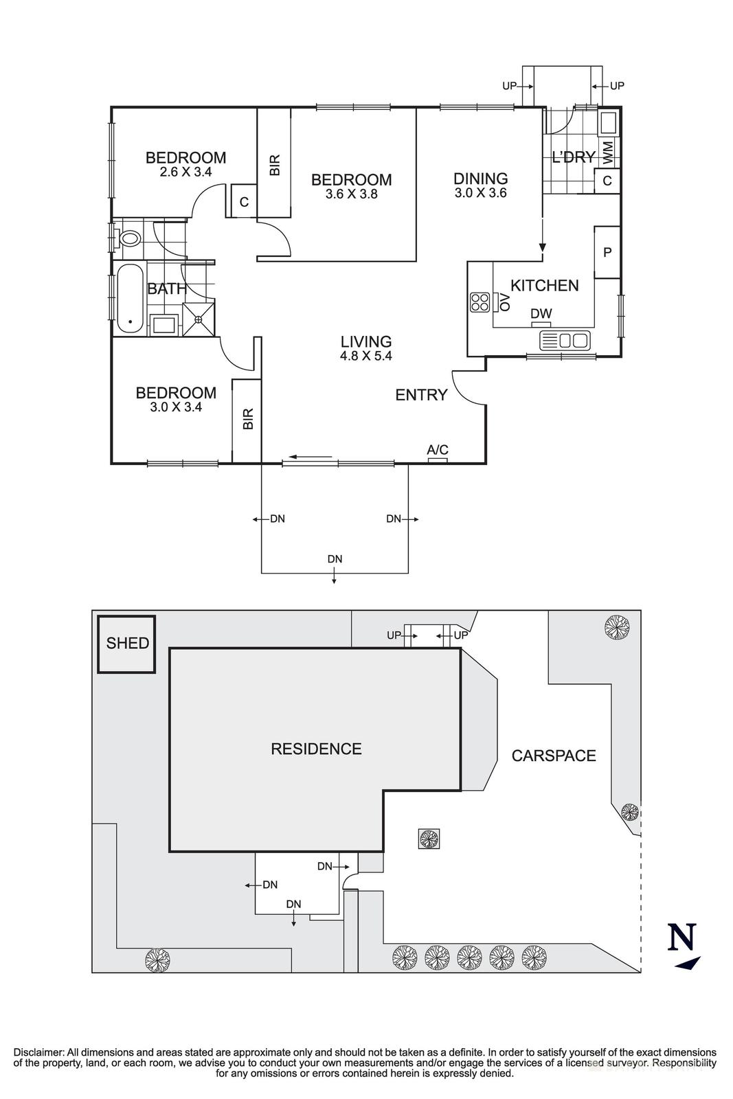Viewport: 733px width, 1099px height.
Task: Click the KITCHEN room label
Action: pyautogui.click(x=544, y=285)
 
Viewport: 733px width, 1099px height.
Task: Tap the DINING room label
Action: pyautogui.click(x=480, y=178)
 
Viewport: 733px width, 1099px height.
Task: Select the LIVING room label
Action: pyautogui.click(x=366, y=341)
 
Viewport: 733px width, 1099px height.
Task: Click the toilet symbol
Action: pyautogui.click(x=130, y=239)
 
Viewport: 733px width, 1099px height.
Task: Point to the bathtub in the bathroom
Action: pyautogui.click(x=130, y=298)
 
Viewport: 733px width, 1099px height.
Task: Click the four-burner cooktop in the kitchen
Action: pyautogui.click(x=480, y=302)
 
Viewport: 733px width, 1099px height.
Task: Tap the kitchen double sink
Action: pyautogui.click(x=564, y=340)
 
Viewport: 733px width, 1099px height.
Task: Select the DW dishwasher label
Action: pyautogui.click(x=541, y=313)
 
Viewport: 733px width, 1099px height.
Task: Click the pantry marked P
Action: pyautogui.click(x=607, y=252)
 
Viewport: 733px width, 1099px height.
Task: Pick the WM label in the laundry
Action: pyautogui.click(x=607, y=153)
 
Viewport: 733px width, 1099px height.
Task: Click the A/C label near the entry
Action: pyautogui.click(x=437, y=449)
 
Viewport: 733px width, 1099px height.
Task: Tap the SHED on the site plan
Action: pyautogui.click(x=126, y=644)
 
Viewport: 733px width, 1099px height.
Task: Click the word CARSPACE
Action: pyautogui.click(x=554, y=755)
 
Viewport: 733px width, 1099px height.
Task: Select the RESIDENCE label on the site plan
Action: pyautogui.click(x=317, y=748)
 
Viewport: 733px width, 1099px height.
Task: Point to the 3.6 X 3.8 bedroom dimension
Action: pyautogui.click(x=351, y=194)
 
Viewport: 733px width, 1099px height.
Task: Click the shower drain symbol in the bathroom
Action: pyautogui.click(x=199, y=319)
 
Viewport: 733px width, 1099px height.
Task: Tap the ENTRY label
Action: pyautogui.click(x=421, y=394)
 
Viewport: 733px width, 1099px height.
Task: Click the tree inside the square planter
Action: pyautogui.click(x=429, y=839)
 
